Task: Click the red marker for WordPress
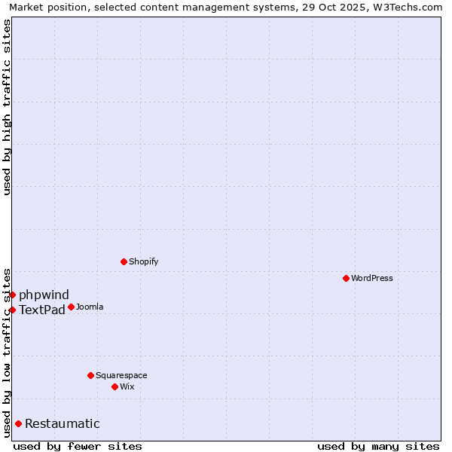(346, 278)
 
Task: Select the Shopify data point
(124, 261)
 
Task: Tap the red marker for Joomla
(71, 307)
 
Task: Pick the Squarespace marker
(90, 375)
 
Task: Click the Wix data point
(115, 386)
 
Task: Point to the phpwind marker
(13, 295)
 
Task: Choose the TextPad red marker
(12, 310)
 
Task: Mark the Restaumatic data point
(18, 423)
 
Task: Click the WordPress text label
(372, 278)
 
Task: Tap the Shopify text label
(143, 261)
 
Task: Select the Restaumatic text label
(63, 423)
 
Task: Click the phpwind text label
(44, 295)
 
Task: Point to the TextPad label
(42, 310)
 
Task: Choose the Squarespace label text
(121, 375)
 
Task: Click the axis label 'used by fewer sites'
(78, 446)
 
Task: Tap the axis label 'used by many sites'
(378, 446)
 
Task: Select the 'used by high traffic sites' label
(7, 107)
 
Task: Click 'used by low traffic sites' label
(7, 351)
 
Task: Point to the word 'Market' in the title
(27, 7)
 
